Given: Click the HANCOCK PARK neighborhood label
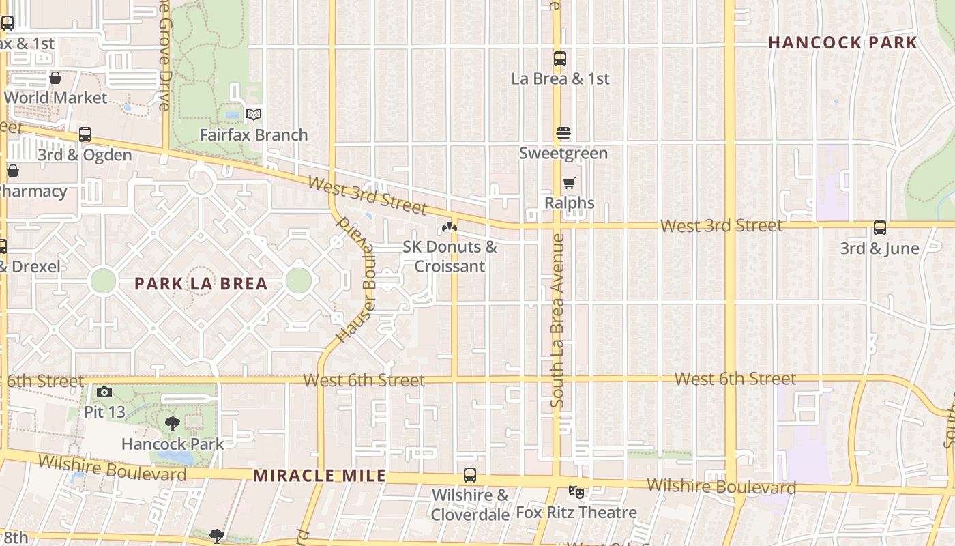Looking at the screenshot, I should (x=842, y=42).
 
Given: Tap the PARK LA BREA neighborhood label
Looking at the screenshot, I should (x=201, y=283).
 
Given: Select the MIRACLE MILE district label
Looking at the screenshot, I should (x=319, y=476).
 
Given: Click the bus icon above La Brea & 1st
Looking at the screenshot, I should (x=560, y=59).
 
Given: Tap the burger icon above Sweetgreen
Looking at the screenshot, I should (x=563, y=133).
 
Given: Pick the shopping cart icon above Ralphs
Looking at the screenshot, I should (x=570, y=183).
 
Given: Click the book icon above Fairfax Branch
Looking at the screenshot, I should (x=254, y=114).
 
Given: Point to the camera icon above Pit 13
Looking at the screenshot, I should (x=104, y=392).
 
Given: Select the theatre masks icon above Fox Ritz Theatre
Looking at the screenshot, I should (x=576, y=491).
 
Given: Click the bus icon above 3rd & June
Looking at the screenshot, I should (x=880, y=228).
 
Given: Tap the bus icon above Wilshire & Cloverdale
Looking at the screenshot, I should (x=470, y=475).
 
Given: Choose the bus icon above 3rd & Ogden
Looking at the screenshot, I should (x=85, y=134).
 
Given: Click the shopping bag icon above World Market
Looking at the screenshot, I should (x=55, y=78).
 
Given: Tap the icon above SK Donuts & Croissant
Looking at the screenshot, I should (x=449, y=227).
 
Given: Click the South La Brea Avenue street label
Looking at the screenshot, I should (x=558, y=321).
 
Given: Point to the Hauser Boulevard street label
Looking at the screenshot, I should (x=357, y=280).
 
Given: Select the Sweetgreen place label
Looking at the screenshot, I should (x=563, y=153).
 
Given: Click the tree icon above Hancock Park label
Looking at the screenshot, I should (x=173, y=424).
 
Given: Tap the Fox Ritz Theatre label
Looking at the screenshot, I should (x=576, y=512).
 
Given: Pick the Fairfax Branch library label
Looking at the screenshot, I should (x=254, y=134).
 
